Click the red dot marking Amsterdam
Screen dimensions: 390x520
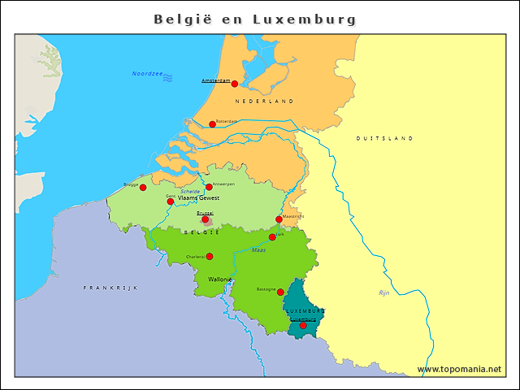point(235,84)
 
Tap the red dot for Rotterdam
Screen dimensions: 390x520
point(212,124)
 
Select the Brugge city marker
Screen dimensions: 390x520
point(143,188)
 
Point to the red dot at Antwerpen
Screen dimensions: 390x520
point(209,187)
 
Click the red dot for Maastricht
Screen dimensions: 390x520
point(279,219)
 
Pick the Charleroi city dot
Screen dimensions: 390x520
point(210,257)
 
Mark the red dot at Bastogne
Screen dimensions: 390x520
point(280,292)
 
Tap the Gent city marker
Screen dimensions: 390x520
point(171,201)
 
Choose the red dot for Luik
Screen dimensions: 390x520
point(272,237)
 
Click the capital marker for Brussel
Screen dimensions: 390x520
point(206,219)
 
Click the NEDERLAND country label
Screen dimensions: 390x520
point(264,102)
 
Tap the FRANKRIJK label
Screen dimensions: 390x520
point(110,288)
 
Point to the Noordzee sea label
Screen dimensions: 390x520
point(147,75)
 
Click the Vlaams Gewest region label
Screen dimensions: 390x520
point(198,198)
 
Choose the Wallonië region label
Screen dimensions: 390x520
point(220,279)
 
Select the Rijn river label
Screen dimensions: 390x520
point(384,292)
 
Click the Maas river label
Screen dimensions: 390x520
point(258,250)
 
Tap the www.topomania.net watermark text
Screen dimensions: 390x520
point(459,369)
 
